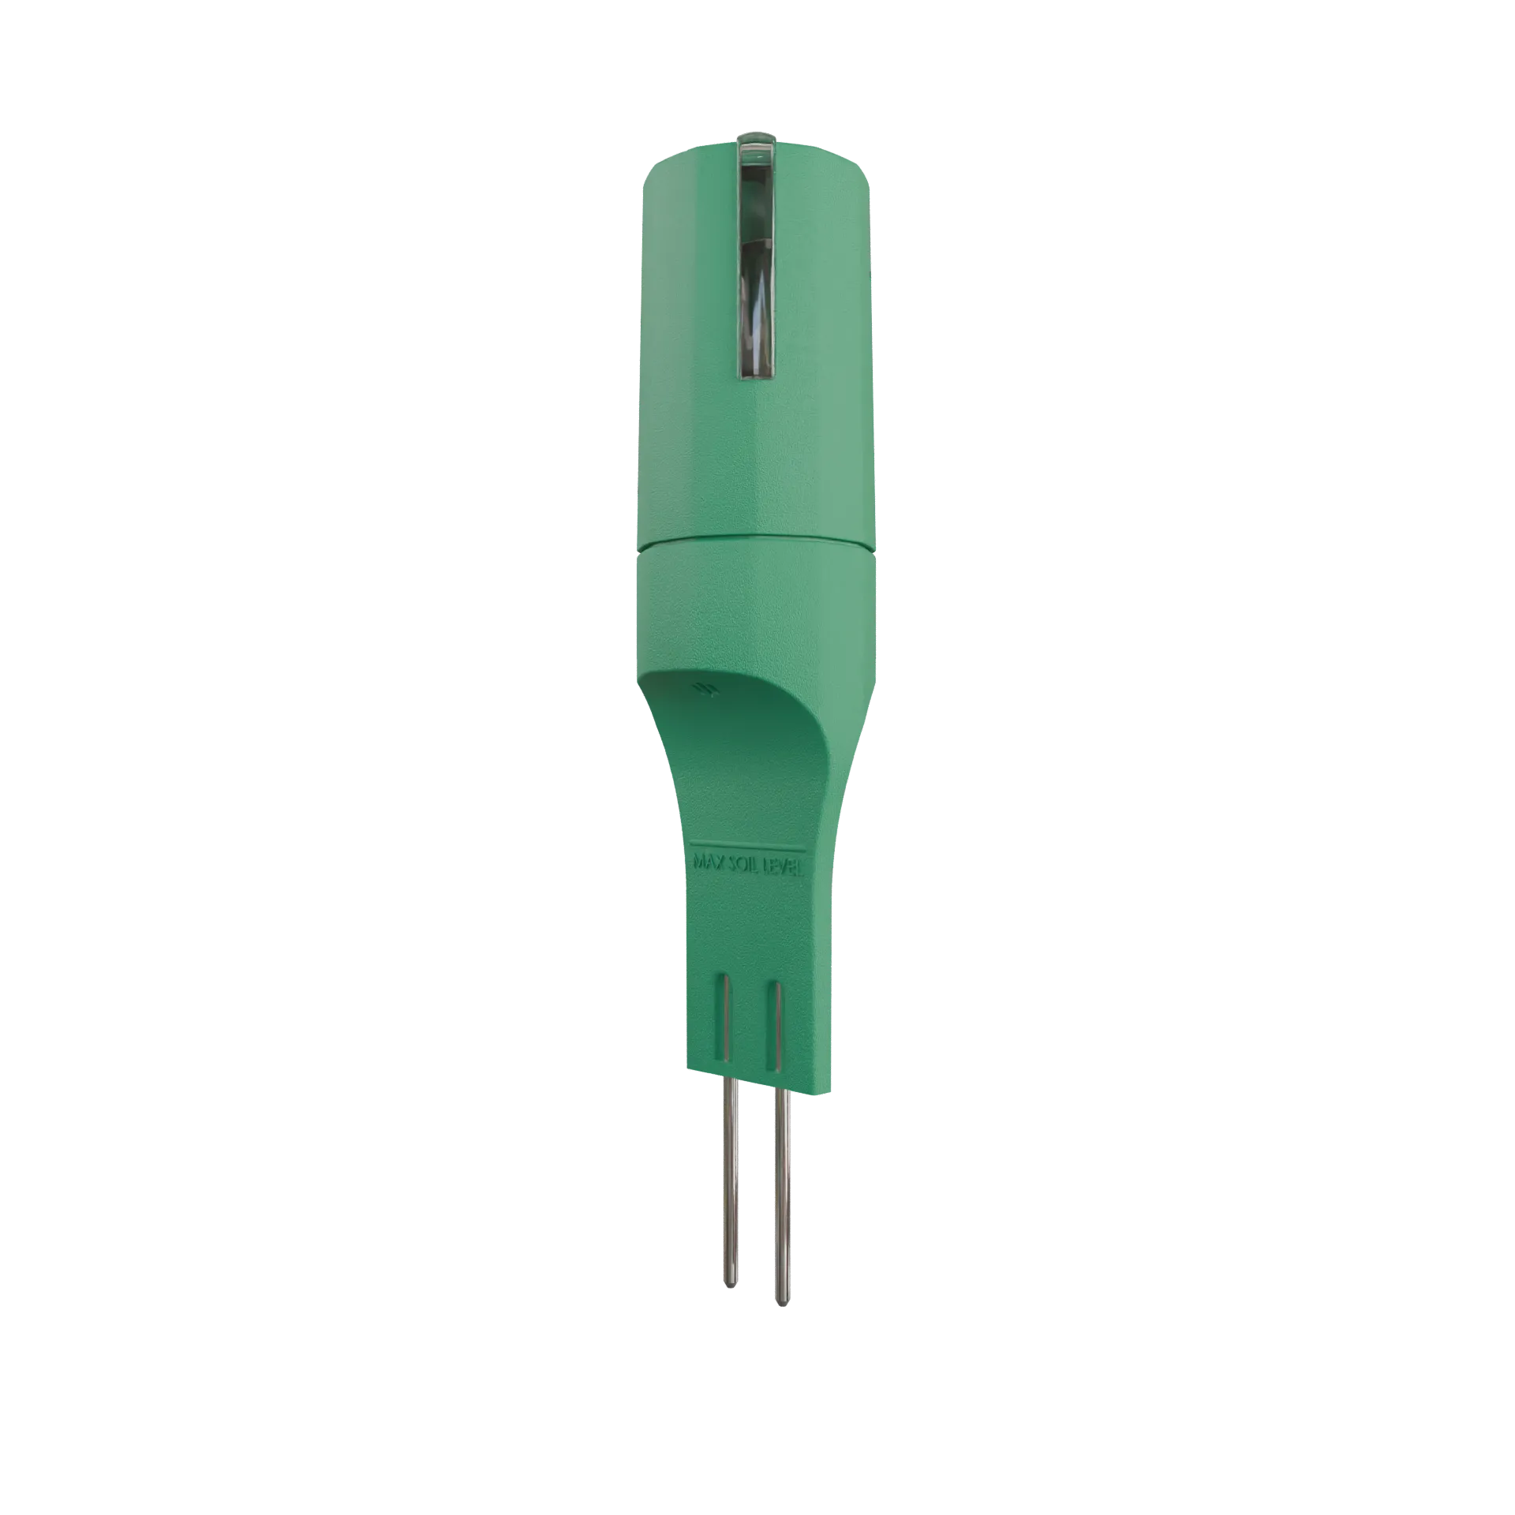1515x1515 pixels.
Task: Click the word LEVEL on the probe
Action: pyautogui.click(x=784, y=869)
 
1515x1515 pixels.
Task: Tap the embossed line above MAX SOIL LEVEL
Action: pyautogui.click(x=746, y=851)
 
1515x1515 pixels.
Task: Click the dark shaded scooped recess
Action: pyautogui.click(x=750, y=710)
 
